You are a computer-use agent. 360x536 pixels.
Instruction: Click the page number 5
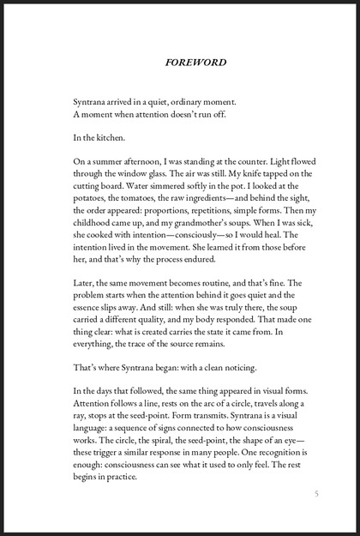[316, 493]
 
